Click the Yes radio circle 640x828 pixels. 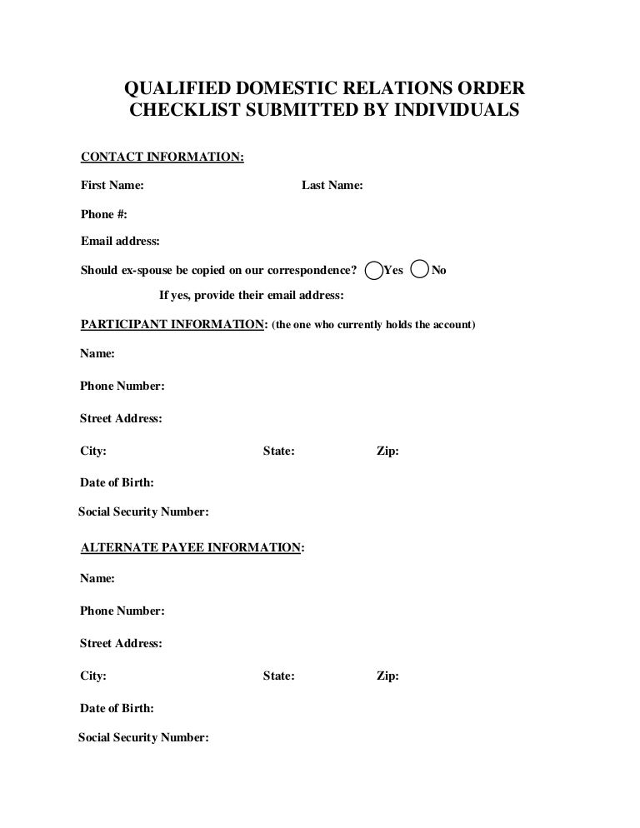[x=376, y=270]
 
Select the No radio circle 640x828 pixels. [x=422, y=269]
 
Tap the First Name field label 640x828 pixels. [x=112, y=185]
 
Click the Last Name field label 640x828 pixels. [x=332, y=185]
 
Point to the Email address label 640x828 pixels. [x=120, y=242]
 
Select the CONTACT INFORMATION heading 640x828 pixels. [x=162, y=157]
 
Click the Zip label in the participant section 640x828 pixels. [x=387, y=451]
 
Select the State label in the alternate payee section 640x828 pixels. [x=278, y=676]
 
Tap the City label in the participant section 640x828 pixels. [x=93, y=451]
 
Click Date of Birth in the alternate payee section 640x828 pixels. [x=117, y=708]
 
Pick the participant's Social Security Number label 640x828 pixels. [x=143, y=512]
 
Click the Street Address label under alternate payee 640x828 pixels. [x=121, y=643]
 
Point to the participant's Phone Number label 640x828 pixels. [x=122, y=386]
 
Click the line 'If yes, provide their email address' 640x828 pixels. [x=252, y=296]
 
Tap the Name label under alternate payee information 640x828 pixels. [x=97, y=577]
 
